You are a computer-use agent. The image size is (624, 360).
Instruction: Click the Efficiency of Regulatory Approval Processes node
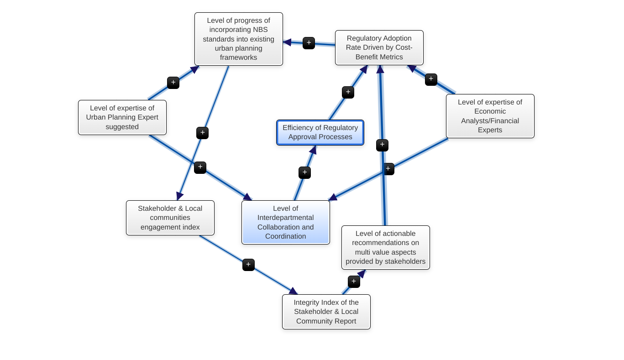click(320, 132)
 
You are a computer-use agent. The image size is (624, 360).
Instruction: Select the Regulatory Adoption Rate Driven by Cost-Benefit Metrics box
click(379, 47)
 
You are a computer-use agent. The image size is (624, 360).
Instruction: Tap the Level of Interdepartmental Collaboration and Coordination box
click(285, 222)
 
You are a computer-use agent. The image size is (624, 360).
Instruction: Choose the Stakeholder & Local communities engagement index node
click(170, 218)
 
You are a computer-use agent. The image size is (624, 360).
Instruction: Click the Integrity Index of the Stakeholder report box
click(326, 312)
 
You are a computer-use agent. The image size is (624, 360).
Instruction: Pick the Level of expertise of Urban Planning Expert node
click(122, 117)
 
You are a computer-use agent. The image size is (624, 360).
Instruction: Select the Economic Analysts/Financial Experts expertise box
click(490, 116)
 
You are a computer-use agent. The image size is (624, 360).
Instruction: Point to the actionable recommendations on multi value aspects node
click(385, 247)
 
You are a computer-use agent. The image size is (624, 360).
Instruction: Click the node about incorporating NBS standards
click(238, 39)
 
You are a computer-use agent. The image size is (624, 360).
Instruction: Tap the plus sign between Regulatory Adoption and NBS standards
click(309, 43)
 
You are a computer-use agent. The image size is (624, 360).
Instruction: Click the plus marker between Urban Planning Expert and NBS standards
click(173, 83)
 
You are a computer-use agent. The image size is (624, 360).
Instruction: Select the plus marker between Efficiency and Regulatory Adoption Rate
click(348, 92)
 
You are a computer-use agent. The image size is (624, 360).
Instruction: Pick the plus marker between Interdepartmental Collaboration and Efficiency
click(304, 172)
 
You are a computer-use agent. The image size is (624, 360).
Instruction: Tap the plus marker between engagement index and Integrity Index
click(248, 265)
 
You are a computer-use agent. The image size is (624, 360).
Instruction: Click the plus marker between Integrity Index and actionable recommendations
click(354, 282)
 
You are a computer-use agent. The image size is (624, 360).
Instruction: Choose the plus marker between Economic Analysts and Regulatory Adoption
click(431, 79)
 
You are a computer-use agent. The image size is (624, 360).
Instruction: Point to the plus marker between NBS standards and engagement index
click(202, 133)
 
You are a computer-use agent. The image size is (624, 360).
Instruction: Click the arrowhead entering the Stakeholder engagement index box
click(179, 196)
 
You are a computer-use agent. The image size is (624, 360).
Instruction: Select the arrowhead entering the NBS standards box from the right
click(287, 42)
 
